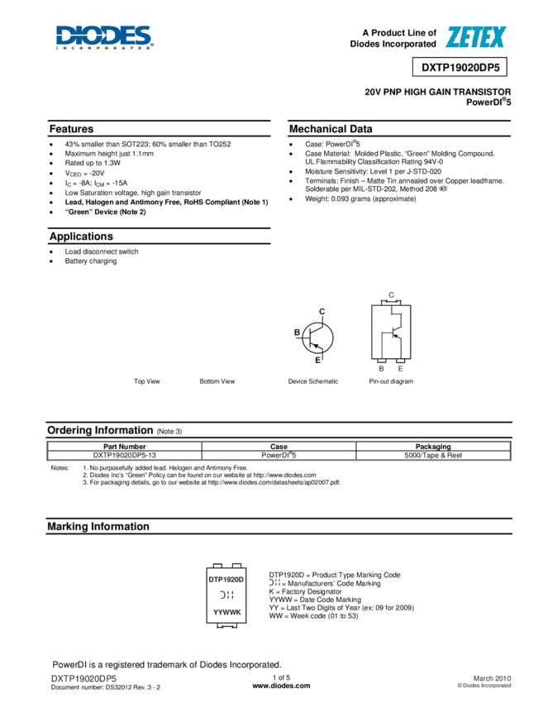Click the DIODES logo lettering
pos(103,35)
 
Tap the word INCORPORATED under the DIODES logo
pos(103,48)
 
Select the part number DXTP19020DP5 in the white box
pos(460,68)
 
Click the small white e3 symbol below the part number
pos(442,189)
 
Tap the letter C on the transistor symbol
pos(322,312)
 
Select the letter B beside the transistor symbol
pos(298,332)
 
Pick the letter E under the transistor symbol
pos(318,360)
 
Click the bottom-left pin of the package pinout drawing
pos(381,366)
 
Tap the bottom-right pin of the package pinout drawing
pos(401,366)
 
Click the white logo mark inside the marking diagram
pos(226,595)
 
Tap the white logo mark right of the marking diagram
pos(274,582)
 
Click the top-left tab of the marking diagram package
pos(217,565)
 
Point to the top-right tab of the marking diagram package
pos(236,565)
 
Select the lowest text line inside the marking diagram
pos(226,612)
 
